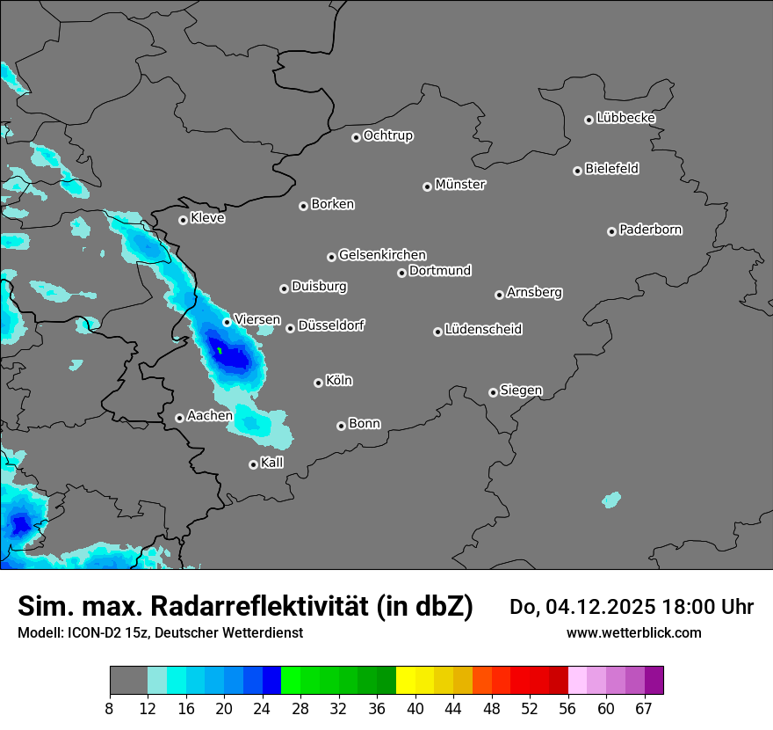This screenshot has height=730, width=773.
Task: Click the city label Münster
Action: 460,185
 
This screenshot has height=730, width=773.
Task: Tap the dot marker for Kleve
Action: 183,220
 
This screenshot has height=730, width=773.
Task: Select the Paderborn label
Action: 650,230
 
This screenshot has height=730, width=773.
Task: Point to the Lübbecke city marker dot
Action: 589,120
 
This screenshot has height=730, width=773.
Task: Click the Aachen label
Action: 210,415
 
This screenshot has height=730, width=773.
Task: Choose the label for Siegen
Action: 521,391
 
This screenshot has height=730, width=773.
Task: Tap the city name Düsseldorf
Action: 331,325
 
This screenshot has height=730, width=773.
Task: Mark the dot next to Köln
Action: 318,383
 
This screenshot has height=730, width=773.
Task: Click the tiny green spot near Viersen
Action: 220,351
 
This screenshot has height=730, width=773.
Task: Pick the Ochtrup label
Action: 388,135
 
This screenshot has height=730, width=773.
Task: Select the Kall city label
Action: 272,463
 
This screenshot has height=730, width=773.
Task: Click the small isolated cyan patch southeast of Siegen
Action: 611,500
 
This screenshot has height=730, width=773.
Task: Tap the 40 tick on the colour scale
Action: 415,709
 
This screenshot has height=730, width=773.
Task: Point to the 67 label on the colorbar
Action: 644,709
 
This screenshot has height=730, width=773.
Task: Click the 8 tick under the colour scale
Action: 110,709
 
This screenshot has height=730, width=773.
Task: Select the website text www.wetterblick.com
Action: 633,633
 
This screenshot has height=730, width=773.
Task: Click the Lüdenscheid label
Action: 483,330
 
